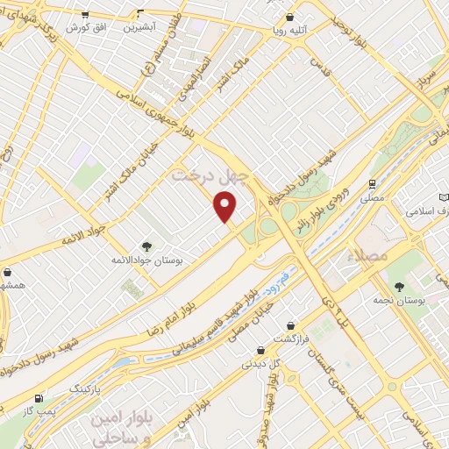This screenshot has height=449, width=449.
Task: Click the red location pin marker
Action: click(225, 206)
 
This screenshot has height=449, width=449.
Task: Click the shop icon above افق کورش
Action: click(84, 15)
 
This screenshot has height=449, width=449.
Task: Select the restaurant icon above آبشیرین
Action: click(141, 14)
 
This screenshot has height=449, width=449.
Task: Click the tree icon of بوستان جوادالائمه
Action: click(146, 247)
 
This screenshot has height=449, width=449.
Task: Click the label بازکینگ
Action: click(85, 386)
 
